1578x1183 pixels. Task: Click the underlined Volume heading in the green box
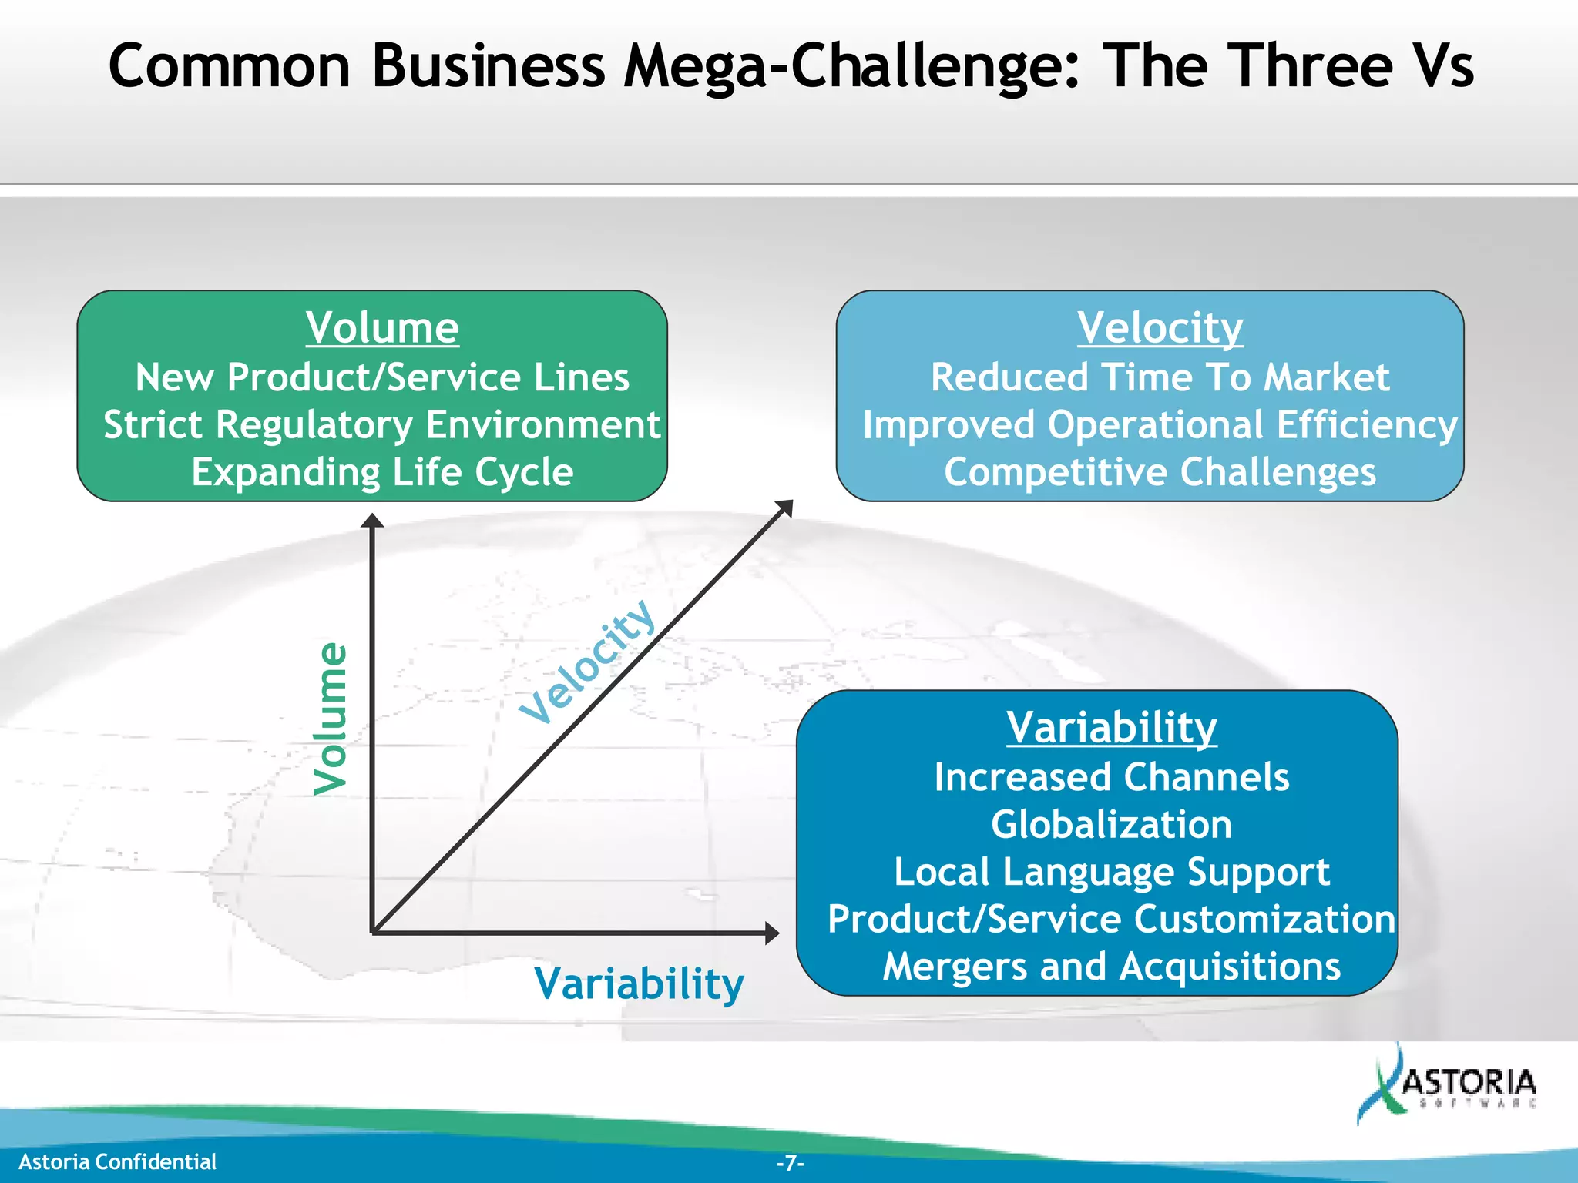[382, 328]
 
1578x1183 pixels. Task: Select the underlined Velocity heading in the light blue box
[1160, 328]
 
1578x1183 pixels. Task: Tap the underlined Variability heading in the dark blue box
[1111, 727]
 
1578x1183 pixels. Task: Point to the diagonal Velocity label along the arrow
[587, 661]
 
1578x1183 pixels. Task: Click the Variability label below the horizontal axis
[639, 984]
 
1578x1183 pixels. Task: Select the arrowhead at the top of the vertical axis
[372, 521]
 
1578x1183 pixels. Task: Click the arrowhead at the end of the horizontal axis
[771, 933]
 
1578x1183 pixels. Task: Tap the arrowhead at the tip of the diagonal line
[785, 508]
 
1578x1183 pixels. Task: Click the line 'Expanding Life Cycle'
[382, 471]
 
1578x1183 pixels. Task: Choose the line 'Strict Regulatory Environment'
[382, 424]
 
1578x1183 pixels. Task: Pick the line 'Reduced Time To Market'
[1160, 377]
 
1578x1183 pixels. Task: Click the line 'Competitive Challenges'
[1160, 471]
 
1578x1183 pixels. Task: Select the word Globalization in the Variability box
[1111, 824]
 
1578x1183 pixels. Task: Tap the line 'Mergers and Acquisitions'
[1111, 966]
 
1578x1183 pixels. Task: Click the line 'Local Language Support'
[1111, 872]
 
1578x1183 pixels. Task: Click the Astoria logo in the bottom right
[1449, 1086]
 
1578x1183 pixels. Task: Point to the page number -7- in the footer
[790, 1162]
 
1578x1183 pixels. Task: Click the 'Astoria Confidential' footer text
[117, 1161]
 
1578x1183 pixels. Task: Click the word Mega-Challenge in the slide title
[853, 66]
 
